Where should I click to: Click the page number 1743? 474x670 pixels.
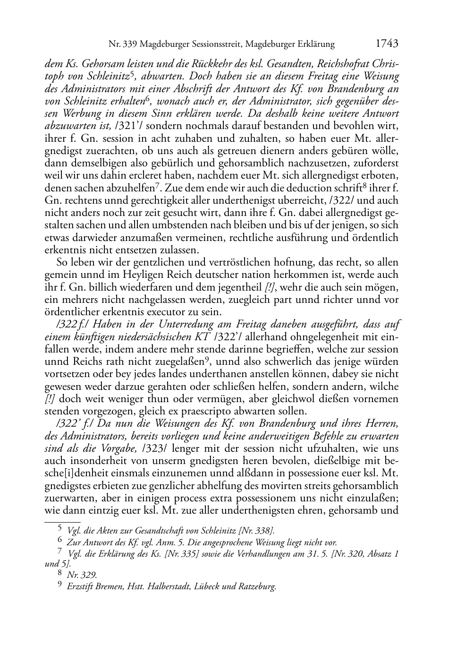[387, 43]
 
